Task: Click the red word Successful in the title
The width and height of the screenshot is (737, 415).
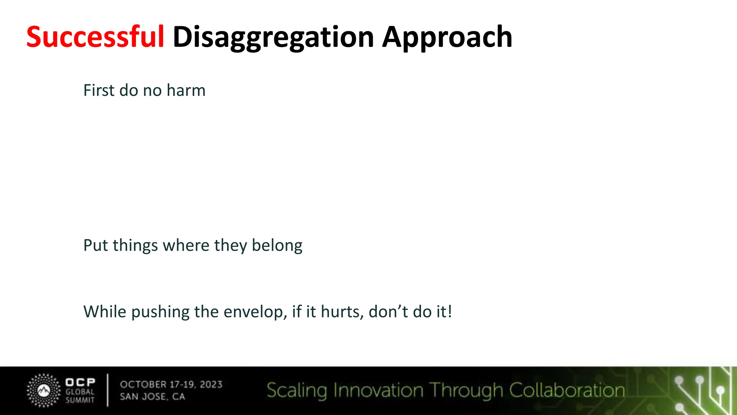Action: (95, 37)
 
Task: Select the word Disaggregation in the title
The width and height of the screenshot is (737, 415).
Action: (273, 37)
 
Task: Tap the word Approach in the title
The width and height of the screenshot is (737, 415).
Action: (447, 37)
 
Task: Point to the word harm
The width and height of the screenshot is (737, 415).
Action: (186, 90)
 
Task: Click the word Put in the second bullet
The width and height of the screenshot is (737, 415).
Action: (95, 245)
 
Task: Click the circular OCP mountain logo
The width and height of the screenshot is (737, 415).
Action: (44, 391)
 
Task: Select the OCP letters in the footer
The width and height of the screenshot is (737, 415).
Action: (80, 382)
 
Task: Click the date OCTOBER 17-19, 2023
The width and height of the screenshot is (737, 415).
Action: (171, 384)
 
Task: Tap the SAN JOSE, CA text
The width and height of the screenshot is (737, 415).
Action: (152, 397)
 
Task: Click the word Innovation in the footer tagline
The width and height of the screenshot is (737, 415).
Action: (378, 391)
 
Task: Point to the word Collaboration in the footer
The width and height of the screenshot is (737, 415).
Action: (567, 391)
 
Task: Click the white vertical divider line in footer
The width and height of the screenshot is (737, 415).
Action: (108, 390)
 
